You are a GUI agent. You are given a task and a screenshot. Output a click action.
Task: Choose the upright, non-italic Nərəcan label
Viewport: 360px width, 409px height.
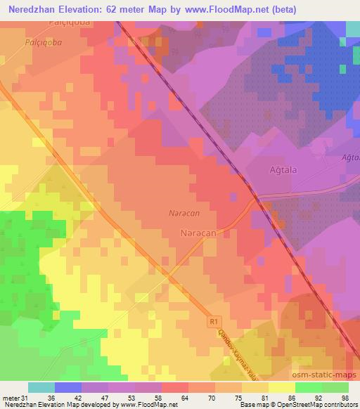tap(197, 231)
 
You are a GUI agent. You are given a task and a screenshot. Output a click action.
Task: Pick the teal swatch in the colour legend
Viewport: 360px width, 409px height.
tap(41, 387)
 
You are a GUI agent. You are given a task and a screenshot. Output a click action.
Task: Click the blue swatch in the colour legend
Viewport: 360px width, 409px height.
tap(68, 387)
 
